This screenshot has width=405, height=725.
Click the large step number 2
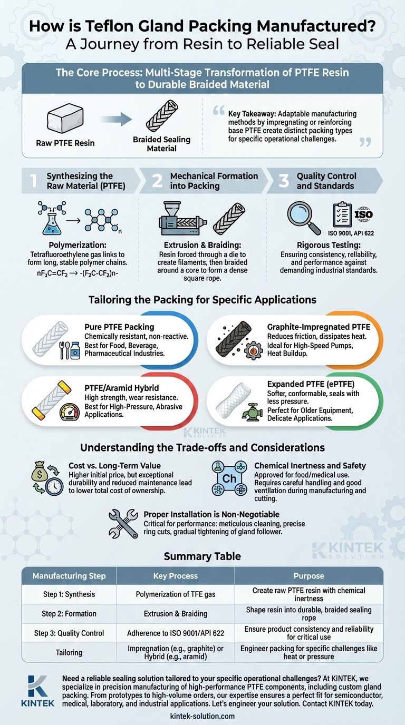tap(157, 181)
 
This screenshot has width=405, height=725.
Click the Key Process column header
tap(176, 576)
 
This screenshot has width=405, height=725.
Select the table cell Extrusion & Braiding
tap(176, 614)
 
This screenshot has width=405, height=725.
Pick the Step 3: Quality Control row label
tap(69, 633)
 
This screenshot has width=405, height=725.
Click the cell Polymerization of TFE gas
tap(176, 594)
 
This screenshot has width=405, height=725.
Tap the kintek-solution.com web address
tap(202, 716)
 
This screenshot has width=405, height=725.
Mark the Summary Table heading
tap(202, 556)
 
